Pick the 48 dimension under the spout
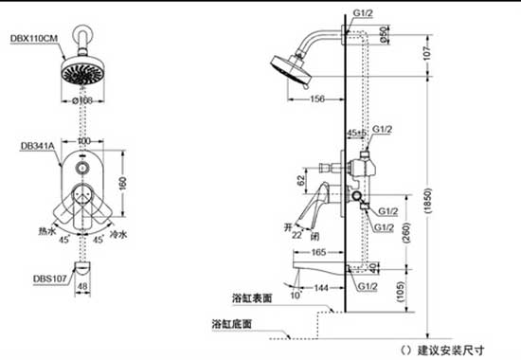point(82,285)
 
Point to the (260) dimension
point(405,231)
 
